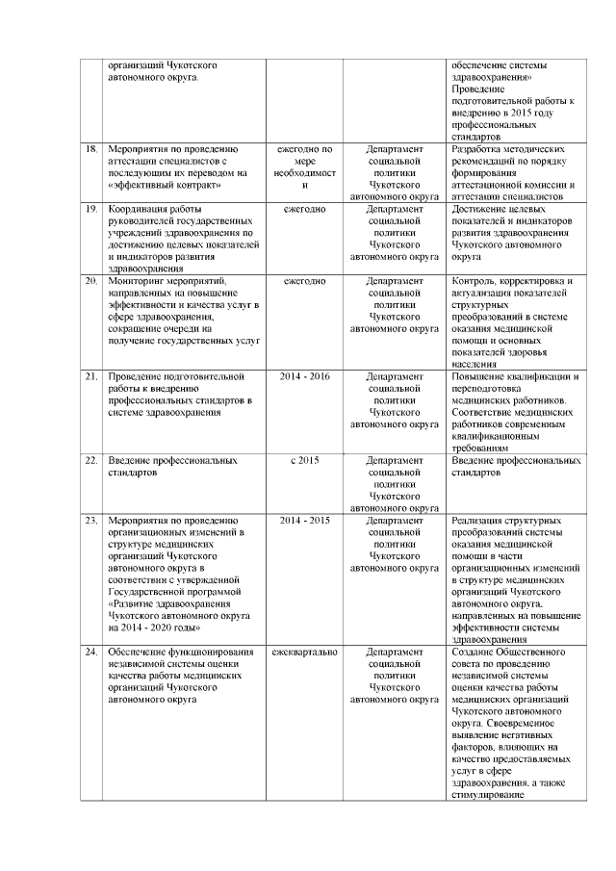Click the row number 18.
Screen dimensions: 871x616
[x=91, y=150]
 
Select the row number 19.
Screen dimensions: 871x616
[x=91, y=208]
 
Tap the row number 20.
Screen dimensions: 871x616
[x=91, y=281]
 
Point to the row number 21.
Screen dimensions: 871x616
[x=91, y=375]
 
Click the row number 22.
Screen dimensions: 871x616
[x=91, y=461]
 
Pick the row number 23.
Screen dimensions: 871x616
[x=91, y=521]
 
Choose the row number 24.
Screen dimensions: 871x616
[x=91, y=653]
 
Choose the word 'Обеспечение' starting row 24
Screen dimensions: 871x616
[x=141, y=653]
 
